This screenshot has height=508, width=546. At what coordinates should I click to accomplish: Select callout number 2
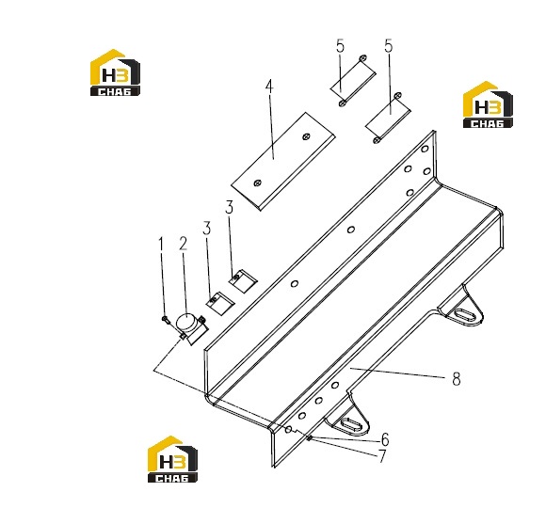[184, 244]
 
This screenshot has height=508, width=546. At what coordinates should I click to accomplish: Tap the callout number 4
[269, 87]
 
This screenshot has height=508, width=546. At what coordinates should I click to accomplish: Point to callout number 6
[385, 440]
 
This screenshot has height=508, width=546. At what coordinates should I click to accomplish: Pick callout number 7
[382, 456]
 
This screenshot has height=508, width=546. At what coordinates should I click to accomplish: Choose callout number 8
[457, 378]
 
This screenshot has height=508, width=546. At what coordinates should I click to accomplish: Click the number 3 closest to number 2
[207, 229]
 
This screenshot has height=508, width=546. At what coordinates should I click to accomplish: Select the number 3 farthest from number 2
[229, 207]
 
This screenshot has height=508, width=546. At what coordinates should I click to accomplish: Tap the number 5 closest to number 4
[340, 46]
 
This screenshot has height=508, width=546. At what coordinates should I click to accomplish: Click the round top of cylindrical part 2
[186, 322]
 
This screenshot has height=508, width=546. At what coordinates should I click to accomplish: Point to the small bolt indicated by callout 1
[166, 320]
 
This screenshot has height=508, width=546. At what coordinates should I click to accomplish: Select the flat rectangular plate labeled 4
[283, 161]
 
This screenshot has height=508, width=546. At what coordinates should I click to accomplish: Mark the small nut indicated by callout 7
[309, 437]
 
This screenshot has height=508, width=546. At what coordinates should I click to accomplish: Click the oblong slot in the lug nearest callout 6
[348, 425]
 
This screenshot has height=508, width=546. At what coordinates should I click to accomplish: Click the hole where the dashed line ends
[288, 430]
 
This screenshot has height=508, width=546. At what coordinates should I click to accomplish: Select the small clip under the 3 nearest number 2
[219, 303]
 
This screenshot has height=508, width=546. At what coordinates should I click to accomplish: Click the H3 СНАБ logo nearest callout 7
[172, 459]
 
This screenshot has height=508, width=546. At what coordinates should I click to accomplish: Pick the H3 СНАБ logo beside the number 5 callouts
[488, 104]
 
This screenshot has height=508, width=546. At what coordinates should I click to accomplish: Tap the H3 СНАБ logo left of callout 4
[115, 72]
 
